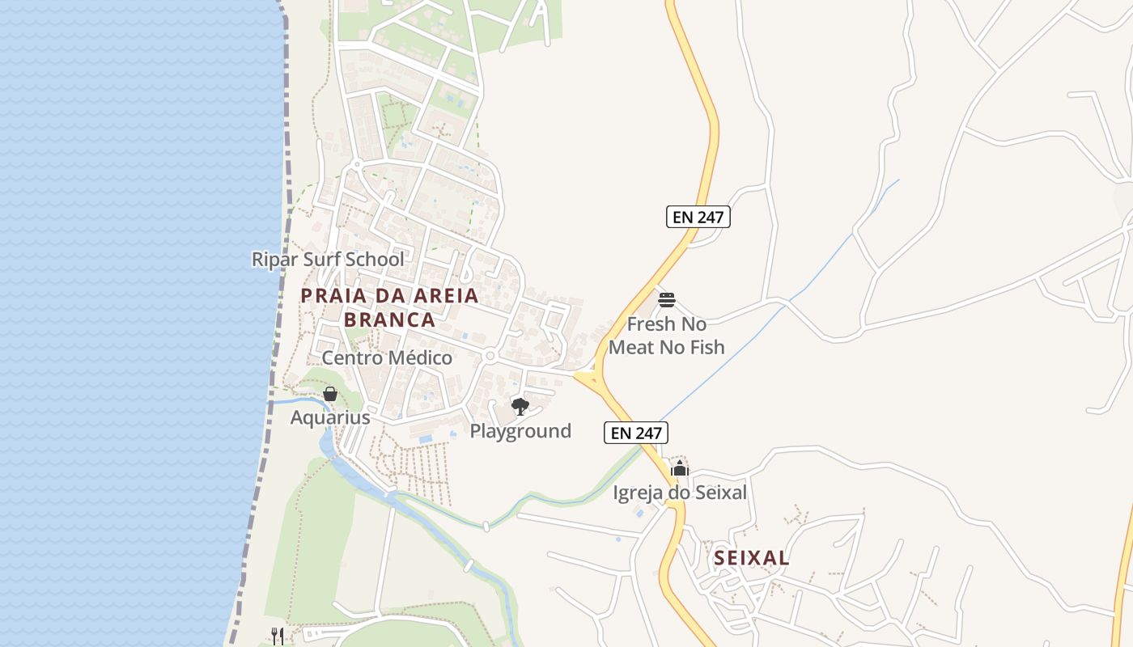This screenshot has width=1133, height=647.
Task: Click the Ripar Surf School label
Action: [328, 260]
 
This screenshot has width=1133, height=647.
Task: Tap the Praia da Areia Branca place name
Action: [389, 307]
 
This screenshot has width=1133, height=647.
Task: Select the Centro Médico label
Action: [387, 357]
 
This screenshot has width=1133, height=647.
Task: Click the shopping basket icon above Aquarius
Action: [330, 394]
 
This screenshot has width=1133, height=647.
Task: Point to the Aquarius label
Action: [330, 418]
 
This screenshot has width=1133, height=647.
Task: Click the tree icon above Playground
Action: [520, 406]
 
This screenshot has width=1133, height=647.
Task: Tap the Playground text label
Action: [520, 431]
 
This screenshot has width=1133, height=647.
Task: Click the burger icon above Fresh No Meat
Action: [667, 300]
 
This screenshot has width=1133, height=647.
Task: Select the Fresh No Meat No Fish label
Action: [667, 336]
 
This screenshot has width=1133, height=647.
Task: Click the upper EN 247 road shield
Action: [698, 217]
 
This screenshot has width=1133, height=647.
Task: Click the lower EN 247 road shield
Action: [637, 433]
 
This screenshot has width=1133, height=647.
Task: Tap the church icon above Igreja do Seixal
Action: [680, 468]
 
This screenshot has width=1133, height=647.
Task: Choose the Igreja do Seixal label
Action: [680, 493]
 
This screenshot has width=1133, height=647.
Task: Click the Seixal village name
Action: [752, 558]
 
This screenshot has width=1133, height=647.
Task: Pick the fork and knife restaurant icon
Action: [278, 636]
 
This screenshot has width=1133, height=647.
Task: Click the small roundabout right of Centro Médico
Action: [489, 356]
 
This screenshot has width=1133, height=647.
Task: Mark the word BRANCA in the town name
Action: [389, 319]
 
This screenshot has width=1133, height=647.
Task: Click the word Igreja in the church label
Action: [639, 493]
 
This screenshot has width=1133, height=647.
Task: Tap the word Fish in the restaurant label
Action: [707, 348]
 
